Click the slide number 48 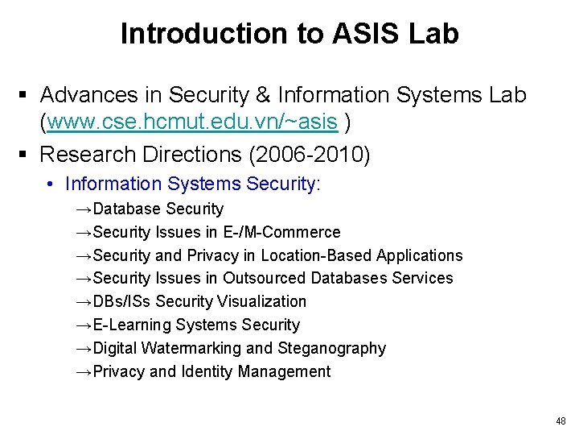pos(561,421)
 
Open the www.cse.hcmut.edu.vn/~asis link pos(191,122)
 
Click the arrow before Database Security pos(84,209)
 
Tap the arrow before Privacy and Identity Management pos(84,371)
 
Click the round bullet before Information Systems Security pos(50,184)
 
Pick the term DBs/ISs pos(122,301)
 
